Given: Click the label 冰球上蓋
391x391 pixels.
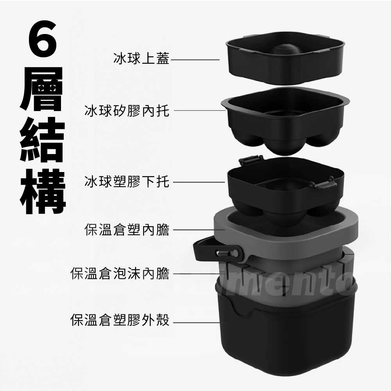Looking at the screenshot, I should click(141, 59).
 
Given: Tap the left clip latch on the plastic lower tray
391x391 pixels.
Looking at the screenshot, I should click(250, 161).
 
